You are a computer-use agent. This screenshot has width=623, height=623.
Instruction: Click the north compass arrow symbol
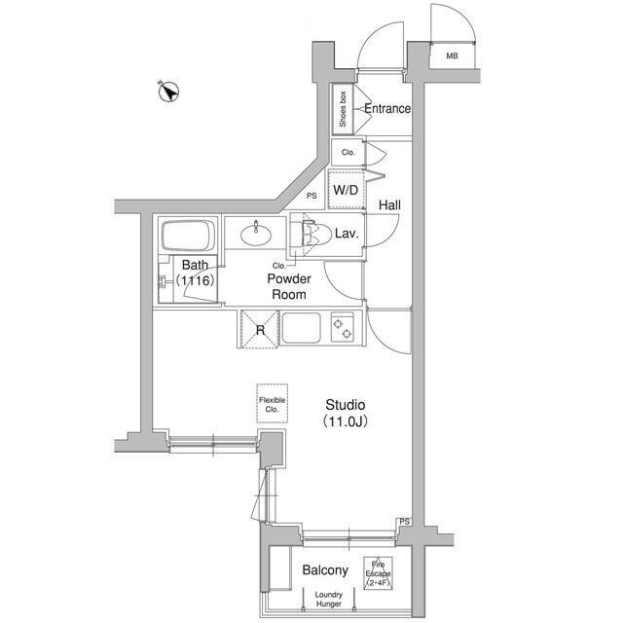[169, 92]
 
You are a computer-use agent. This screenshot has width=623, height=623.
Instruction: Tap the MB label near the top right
[452, 56]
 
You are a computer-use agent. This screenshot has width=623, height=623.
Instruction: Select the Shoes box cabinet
[344, 109]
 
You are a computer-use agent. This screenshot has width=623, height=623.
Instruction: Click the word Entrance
[387, 109]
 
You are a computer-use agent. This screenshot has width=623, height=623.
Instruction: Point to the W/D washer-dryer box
[346, 190]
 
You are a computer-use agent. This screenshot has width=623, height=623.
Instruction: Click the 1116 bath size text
[196, 280]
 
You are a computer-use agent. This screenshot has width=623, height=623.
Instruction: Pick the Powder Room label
[288, 286]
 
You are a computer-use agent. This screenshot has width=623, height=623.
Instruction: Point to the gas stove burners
[343, 326]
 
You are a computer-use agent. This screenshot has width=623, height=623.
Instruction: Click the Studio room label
[345, 404]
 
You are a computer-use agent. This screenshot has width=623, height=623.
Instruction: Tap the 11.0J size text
[345, 421]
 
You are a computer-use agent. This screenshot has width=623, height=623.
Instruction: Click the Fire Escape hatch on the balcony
[379, 571]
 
